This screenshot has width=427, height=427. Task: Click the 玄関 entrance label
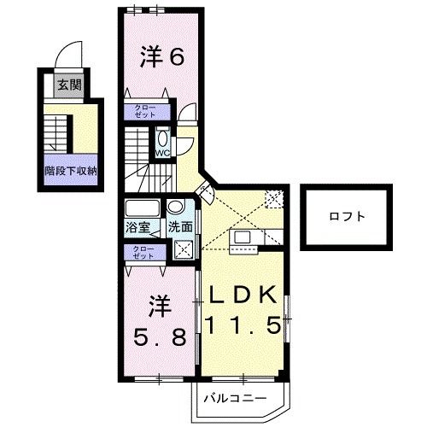pyautogui.click(x=70, y=85)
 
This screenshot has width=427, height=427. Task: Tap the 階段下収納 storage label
pyautogui.click(x=71, y=171)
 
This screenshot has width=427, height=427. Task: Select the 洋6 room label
pyautogui.click(x=162, y=56)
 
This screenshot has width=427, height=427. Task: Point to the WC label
pyautogui.click(x=162, y=153)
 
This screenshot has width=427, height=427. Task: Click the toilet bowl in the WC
pyautogui.click(x=163, y=139)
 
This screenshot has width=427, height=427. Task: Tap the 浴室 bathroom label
pyautogui.click(x=137, y=227)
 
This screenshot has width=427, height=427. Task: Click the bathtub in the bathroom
pyautogui.click(x=143, y=208)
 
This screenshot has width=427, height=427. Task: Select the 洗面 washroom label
pyautogui.click(x=180, y=227)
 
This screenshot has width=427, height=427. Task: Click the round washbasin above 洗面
pyautogui.click(x=175, y=206)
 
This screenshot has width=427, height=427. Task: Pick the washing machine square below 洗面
pyautogui.click(x=183, y=249)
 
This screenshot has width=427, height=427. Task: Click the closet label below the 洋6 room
pyautogui.click(x=145, y=112)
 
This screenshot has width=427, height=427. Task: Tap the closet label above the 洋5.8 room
pyautogui.click(x=143, y=252)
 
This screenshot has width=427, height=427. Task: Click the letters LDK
pyautogui.click(x=243, y=295)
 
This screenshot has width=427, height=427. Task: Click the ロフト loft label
pyautogui.click(x=347, y=217)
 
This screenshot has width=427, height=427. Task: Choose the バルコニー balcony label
pyautogui.click(x=235, y=398)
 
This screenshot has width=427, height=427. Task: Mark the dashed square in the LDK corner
pyautogui.click(x=274, y=198)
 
